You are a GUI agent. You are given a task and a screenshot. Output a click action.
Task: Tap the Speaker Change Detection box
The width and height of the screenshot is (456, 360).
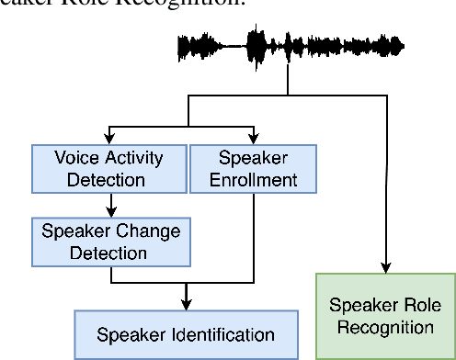(x=110, y=240)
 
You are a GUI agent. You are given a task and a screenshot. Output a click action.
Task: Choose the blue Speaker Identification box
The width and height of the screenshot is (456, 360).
(x=186, y=334)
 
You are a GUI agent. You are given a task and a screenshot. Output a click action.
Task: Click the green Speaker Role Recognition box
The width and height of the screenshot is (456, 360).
(x=385, y=315)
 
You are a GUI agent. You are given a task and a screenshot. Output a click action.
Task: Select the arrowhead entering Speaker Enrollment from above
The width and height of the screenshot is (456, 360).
(x=252, y=139)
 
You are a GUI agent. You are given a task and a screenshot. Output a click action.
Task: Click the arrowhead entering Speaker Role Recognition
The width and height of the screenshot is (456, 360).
(x=385, y=266)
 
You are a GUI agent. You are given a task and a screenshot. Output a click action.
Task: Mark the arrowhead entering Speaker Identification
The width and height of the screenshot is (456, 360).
(x=186, y=305)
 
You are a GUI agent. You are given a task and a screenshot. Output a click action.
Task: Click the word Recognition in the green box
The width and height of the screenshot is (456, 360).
(x=385, y=326)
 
